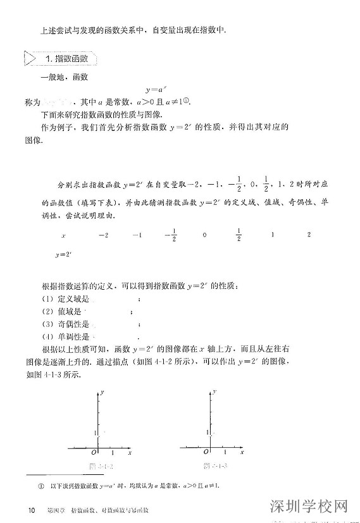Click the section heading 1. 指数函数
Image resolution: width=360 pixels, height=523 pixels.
[x=71, y=59]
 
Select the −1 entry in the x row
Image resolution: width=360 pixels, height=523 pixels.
[x=137, y=235]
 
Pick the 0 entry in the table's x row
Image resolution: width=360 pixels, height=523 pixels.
[x=204, y=235]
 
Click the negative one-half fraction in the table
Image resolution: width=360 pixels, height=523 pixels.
[x=170, y=235]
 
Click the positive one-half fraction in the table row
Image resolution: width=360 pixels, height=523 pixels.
[x=239, y=235]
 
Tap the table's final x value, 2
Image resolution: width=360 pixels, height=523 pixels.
[x=308, y=235]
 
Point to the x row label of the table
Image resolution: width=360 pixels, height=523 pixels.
[x=63, y=235]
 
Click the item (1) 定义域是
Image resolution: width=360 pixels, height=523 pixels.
[x=64, y=299]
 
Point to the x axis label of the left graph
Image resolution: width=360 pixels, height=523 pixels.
[x=130, y=453]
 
